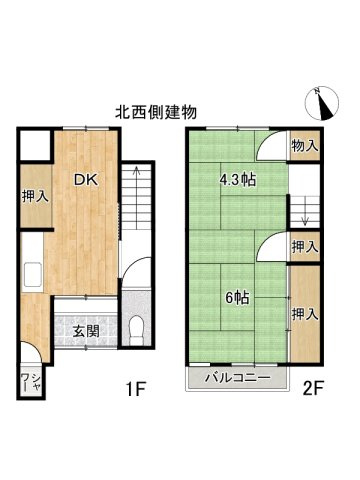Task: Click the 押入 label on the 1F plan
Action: click(x=35, y=195)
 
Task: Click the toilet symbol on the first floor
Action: click(x=136, y=327)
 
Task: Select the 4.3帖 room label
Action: click(x=235, y=181)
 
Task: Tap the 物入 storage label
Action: click(x=305, y=147)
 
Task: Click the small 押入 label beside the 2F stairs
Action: click(x=305, y=245)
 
